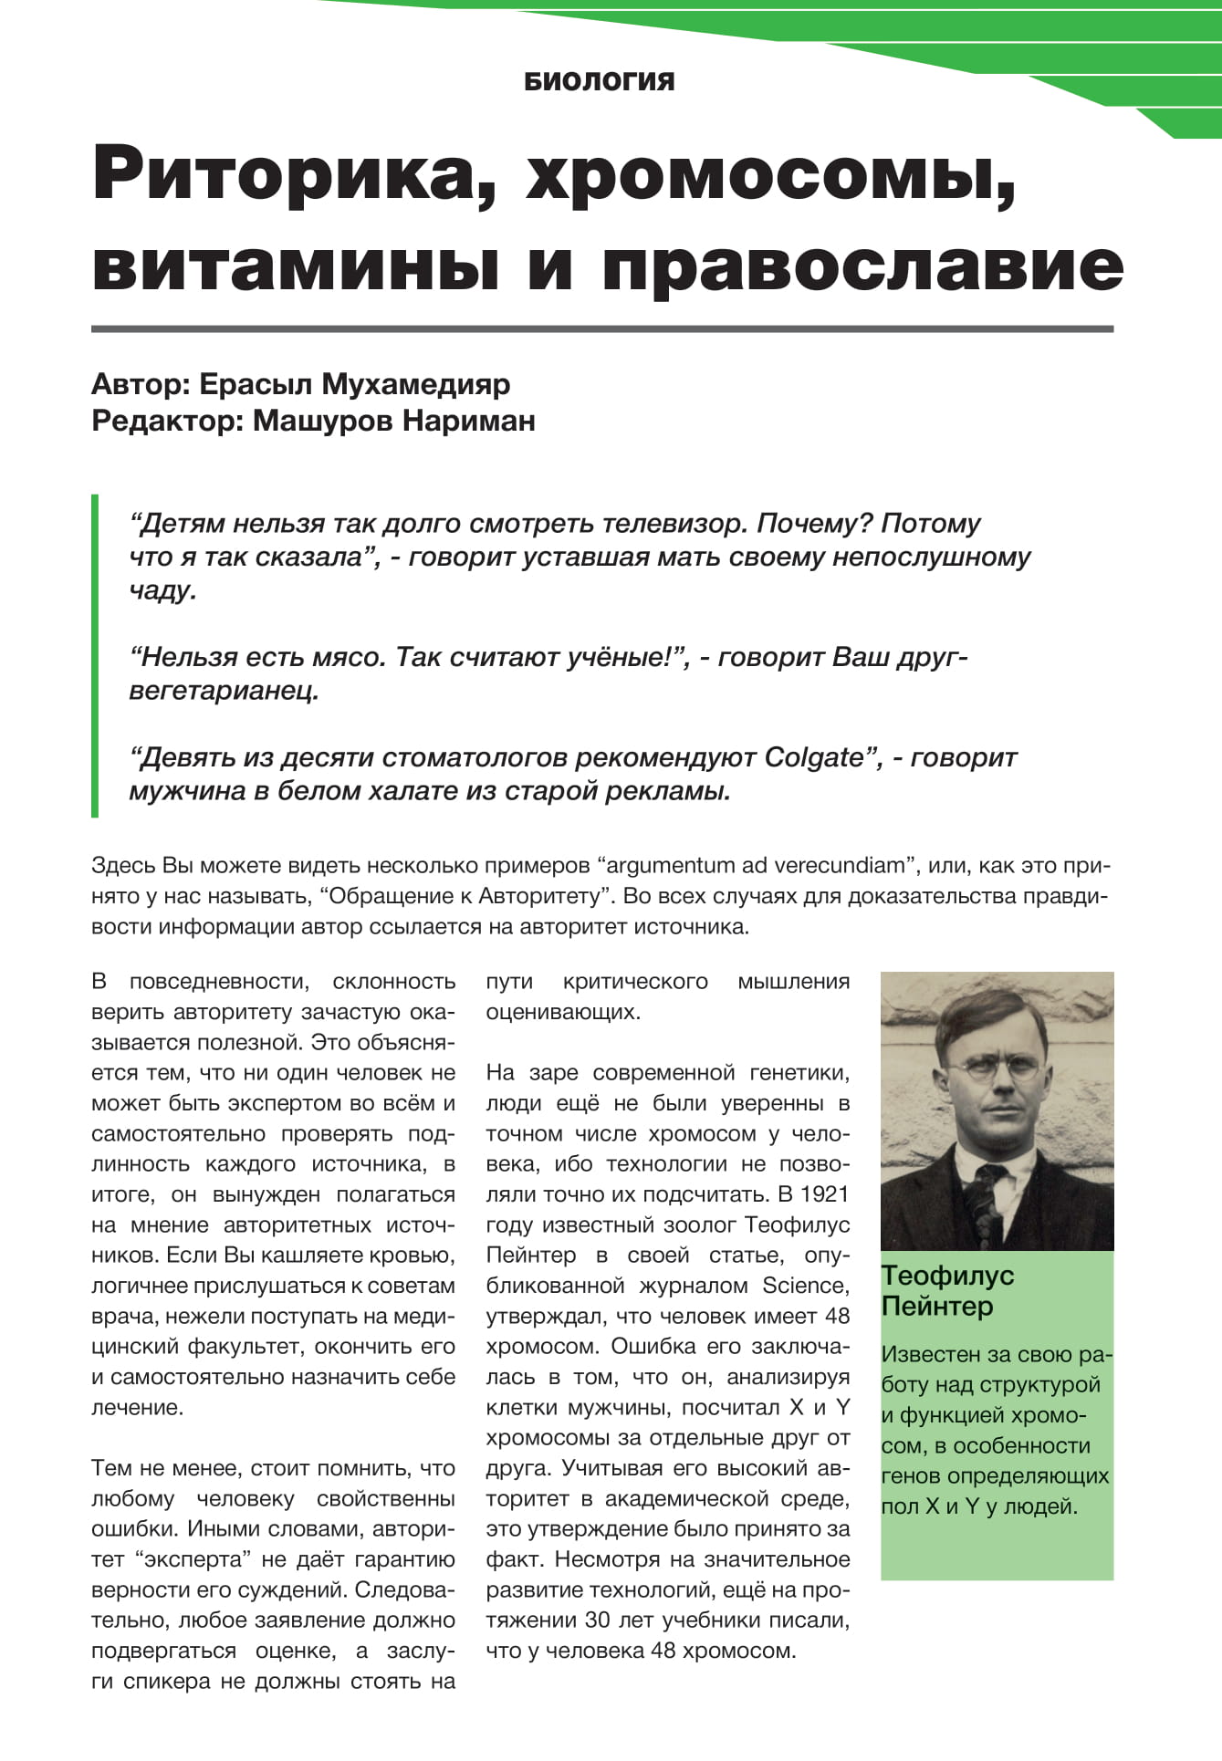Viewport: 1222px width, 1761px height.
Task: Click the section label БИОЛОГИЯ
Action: pyautogui.click(x=600, y=81)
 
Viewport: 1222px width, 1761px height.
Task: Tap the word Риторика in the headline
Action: pyautogui.click(x=293, y=172)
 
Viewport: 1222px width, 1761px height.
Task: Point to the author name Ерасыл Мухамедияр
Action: pyautogui.click(x=354, y=384)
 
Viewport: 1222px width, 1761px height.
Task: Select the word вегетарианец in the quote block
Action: pyautogui.click(x=224, y=691)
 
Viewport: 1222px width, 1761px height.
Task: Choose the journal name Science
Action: pyautogui.click(x=805, y=1286)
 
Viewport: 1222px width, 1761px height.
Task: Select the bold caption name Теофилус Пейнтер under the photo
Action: pyautogui.click(x=947, y=1290)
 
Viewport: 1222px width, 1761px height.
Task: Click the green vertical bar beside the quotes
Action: pyautogui.click(x=95, y=655)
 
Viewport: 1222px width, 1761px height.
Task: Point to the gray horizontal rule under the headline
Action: pyautogui.click(x=602, y=328)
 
